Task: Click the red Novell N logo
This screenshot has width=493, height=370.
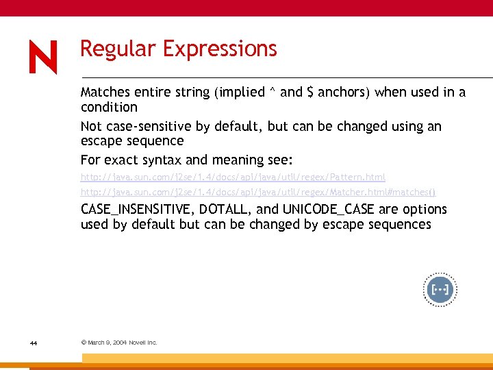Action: [x=43, y=57]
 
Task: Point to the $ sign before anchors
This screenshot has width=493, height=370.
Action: [x=310, y=92]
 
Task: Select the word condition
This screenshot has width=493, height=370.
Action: [x=109, y=108]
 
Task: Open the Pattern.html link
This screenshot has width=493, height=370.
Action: [x=233, y=177]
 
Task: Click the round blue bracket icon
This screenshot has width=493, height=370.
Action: [x=439, y=291]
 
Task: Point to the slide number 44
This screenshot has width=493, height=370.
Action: [x=33, y=343]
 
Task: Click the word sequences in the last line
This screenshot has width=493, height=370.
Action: [x=401, y=225]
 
